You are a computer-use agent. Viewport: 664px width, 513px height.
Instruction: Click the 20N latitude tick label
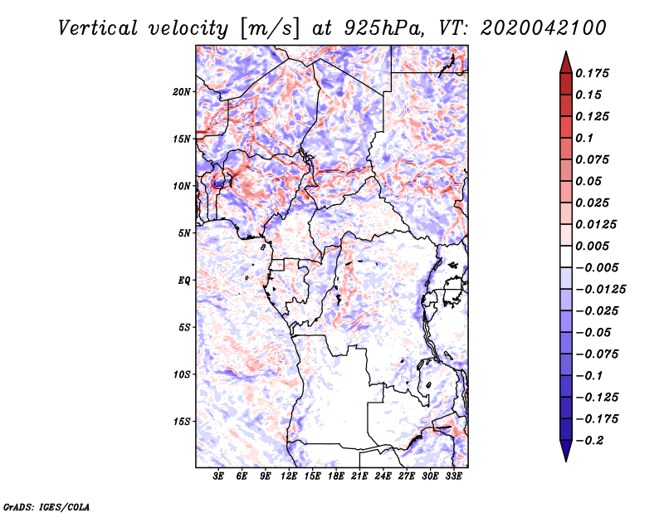(182, 91)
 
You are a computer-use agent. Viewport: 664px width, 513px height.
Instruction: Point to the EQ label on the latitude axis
(183, 281)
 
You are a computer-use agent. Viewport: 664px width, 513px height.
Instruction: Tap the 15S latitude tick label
(182, 422)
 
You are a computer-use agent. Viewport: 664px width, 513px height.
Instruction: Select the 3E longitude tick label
(219, 477)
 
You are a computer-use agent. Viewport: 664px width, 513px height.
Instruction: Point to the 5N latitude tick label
(184, 233)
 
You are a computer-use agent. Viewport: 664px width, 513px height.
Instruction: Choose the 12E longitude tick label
(290, 477)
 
